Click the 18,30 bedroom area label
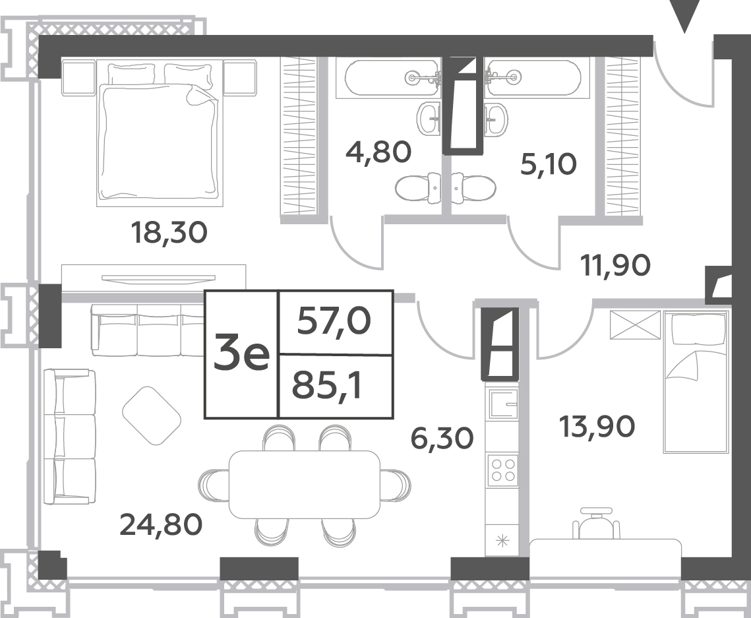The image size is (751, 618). [169, 233]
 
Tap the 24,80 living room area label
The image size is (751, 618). [161, 524]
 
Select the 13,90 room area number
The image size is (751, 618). [597, 426]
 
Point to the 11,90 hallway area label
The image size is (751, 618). [615, 265]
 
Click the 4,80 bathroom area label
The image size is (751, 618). [378, 152]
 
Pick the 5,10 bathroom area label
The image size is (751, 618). [549, 164]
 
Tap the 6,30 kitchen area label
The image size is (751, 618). [442, 438]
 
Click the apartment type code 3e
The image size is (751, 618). [241, 354]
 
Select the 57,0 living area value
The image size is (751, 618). [334, 321]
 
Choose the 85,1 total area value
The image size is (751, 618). [327, 386]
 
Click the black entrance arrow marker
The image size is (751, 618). [684, 16]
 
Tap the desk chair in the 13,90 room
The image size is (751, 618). [596, 523]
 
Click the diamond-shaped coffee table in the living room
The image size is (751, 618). [152, 416]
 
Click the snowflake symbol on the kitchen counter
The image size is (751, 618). [502, 542]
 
